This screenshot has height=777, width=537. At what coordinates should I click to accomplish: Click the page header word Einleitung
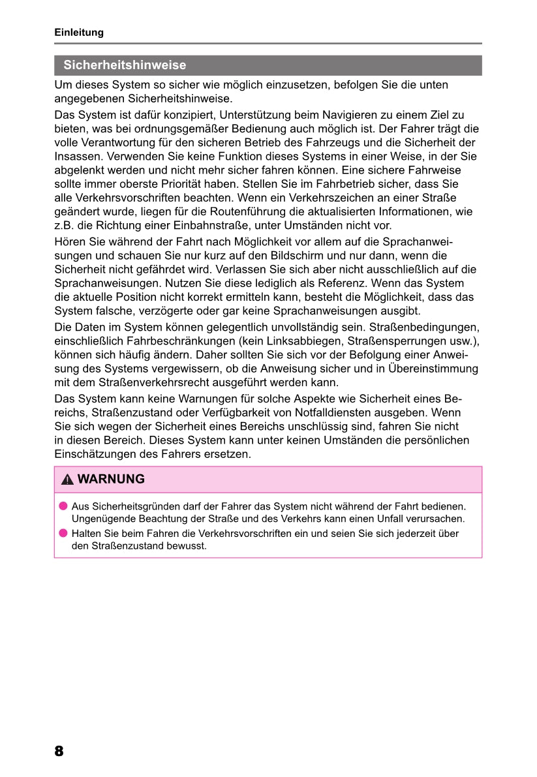click(x=78, y=32)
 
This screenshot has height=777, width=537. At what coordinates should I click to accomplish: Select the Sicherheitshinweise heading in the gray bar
click(x=125, y=65)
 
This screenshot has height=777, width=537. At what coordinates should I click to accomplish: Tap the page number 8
click(x=59, y=751)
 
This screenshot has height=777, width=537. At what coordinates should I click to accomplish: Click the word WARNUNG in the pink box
click(x=111, y=480)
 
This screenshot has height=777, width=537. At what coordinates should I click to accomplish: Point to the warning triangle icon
click(x=67, y=480)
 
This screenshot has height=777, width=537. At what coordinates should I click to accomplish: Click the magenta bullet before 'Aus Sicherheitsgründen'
click(x=63, y=506)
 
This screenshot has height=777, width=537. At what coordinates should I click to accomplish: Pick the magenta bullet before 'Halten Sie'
click(x=63, y=533)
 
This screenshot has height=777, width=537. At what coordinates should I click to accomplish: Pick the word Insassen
click(x=78, y=157)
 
